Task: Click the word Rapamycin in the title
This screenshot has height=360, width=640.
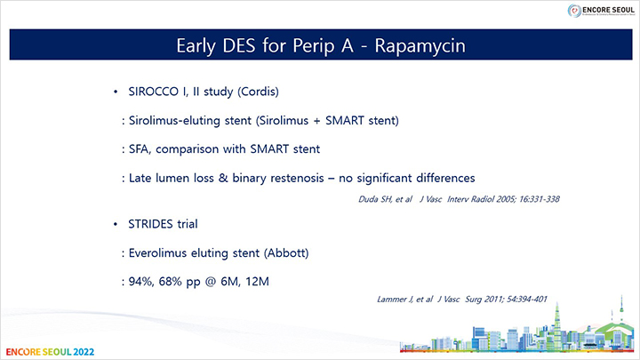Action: (420, 45)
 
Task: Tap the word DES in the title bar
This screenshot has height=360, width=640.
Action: (239, 45)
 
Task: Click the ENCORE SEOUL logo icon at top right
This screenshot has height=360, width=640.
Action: (574, 11)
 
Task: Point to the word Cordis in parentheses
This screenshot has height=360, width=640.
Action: (258, 92)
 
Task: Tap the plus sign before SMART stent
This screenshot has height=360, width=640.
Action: (316, 121)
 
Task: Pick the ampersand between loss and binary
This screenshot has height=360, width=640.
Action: (223, 178)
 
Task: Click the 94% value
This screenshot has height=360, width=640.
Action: (141, 282)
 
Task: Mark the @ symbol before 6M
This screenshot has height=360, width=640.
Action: (211, 282)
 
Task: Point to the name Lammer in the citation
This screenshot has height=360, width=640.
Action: (392, 300)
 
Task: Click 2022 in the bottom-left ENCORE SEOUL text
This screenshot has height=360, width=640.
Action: (84, 352)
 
